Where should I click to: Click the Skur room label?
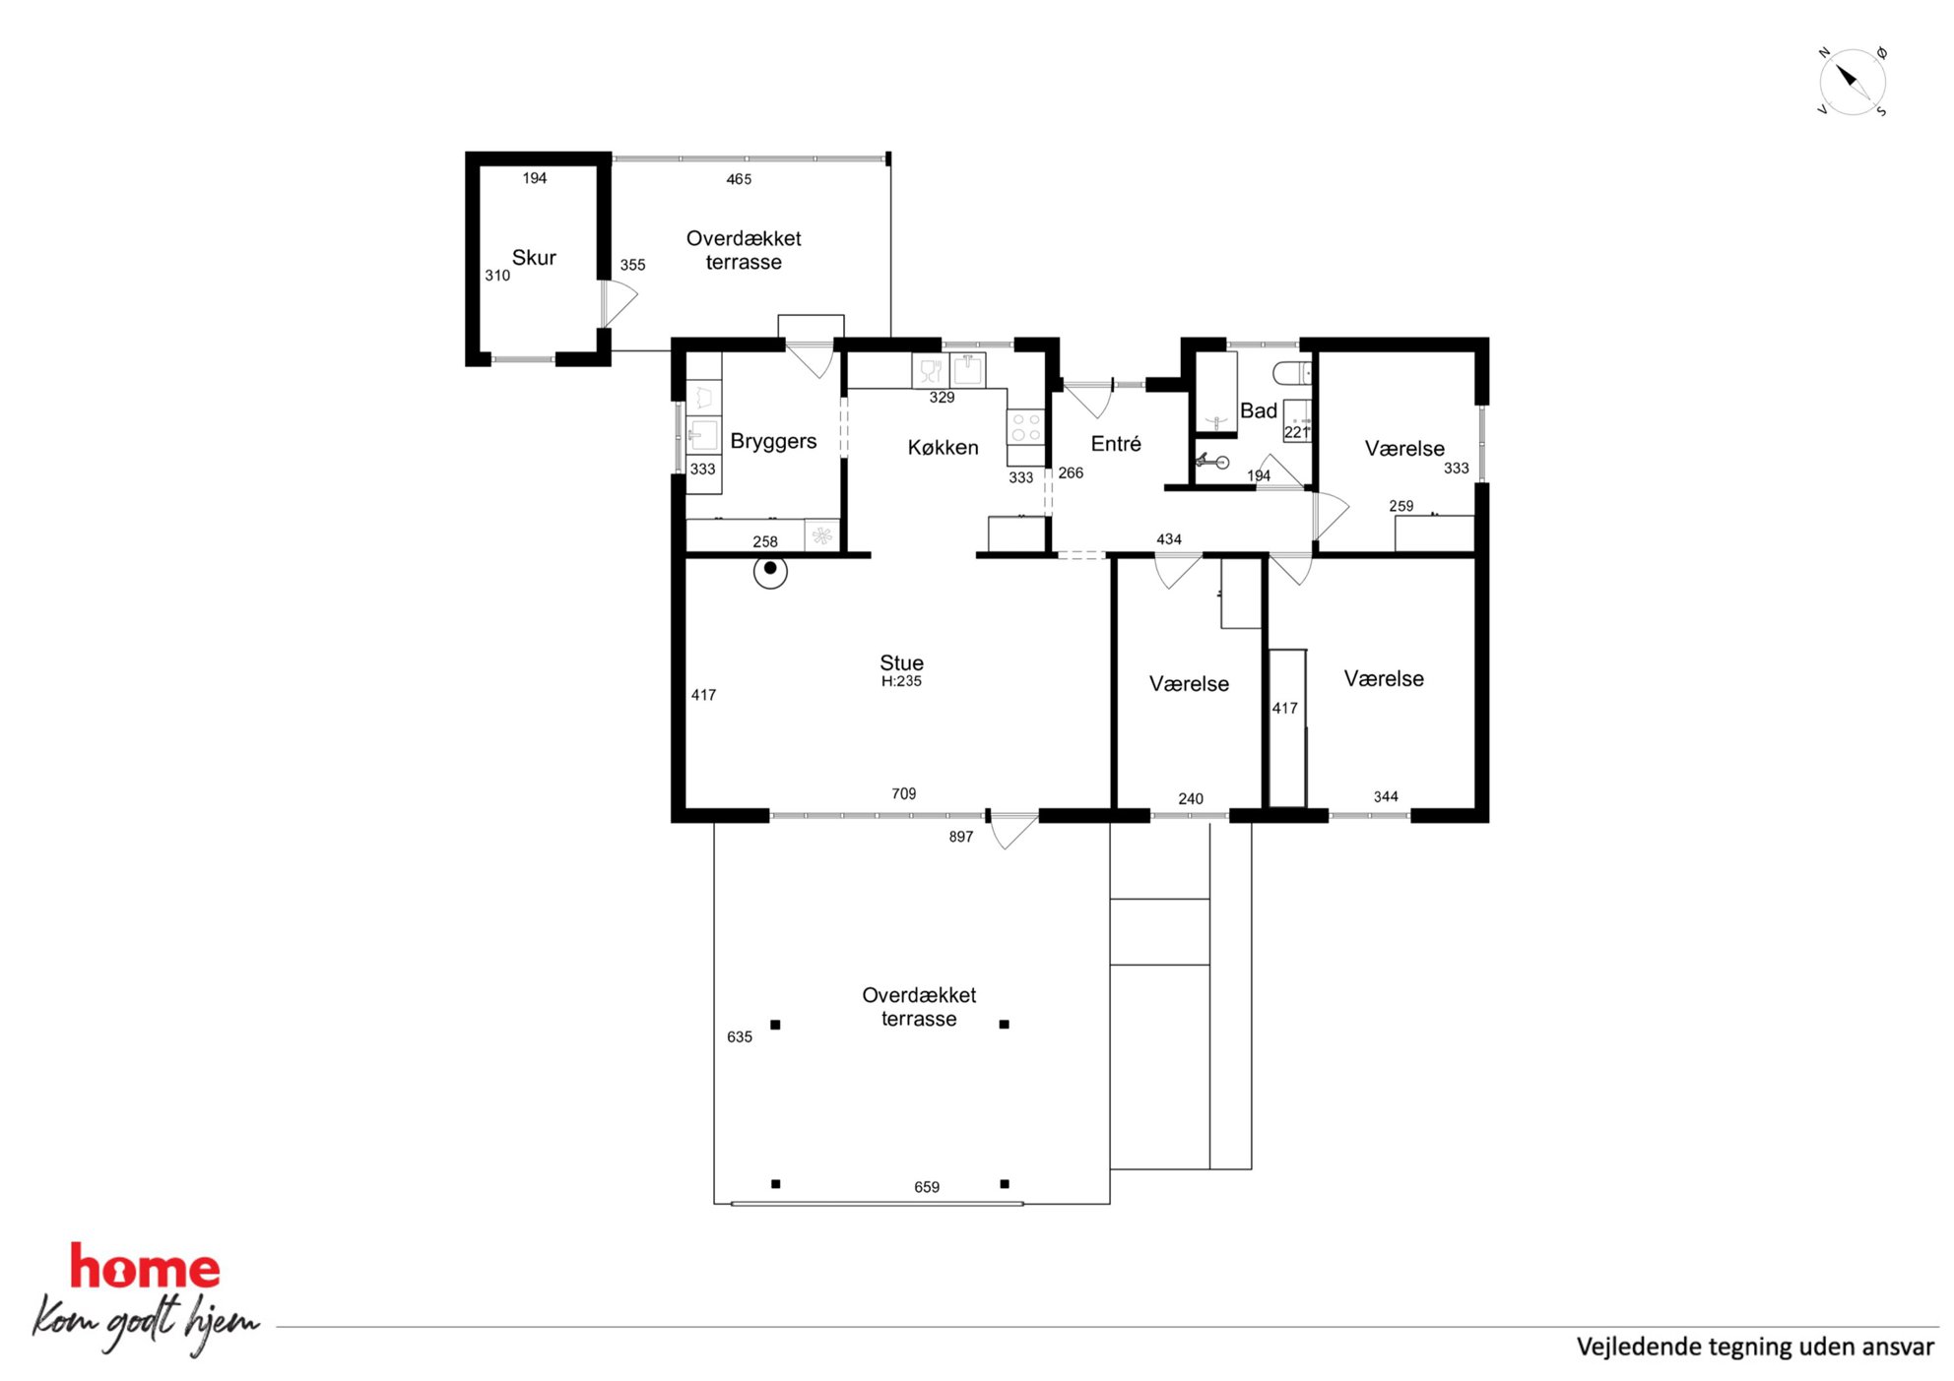pos(534,258)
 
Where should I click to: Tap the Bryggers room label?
pos(773,442)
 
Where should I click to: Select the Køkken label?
pos(943,448)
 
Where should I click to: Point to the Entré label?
pos(1116,444)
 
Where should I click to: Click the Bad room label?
pos(1258,410)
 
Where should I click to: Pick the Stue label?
pos(901,662)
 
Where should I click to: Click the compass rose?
pos(1852,82)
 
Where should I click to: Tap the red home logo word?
pos(145,1267)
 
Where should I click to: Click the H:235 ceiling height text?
pos(901,681)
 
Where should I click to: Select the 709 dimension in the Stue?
pos(903,793)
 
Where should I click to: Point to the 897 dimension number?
pos(960,837)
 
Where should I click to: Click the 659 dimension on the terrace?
pos(926,1187)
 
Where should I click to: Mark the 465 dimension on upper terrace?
pos(739,179)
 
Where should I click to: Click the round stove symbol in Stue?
pos(770,571)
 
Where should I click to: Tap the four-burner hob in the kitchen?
pos(1025,428)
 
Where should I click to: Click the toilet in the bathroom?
pos(1292,373)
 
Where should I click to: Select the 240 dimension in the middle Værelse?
pos(1190,799)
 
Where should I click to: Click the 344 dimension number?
pos(1385,796)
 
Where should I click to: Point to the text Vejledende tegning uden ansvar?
pos(1754,1347)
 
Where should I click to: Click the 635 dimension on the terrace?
pos(739,1036)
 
